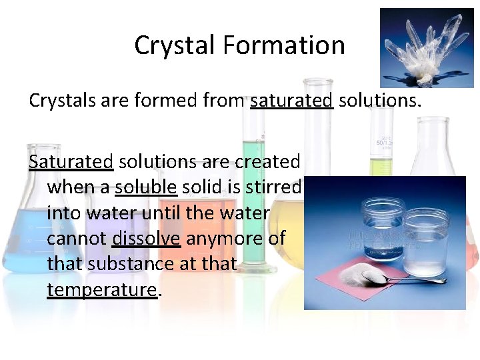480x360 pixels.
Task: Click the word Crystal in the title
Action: point(175,45)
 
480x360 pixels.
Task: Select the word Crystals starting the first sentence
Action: point(60,101)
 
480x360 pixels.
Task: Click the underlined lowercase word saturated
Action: point(291,101)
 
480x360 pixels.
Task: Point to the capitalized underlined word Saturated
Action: point(71,161)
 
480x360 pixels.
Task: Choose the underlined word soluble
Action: point(146,187)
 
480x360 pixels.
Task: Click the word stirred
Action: point(275,187)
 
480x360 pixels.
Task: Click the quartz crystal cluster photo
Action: point(426,47)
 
